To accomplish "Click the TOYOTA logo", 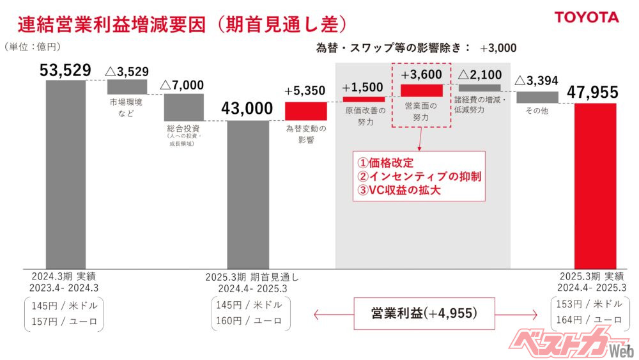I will tap(586, 18).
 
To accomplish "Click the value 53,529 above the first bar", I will tap(65, 70).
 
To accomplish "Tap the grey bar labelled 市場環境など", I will tap(127, 87).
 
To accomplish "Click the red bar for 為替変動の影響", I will tap(305, 111).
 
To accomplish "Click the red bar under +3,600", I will tap(421, 91).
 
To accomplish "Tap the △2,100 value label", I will tap(479, 75).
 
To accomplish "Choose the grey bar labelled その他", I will tap(537, 97).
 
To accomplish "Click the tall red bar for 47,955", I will tap(595, 185).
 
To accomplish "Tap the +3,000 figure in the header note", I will tap(498, 47).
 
